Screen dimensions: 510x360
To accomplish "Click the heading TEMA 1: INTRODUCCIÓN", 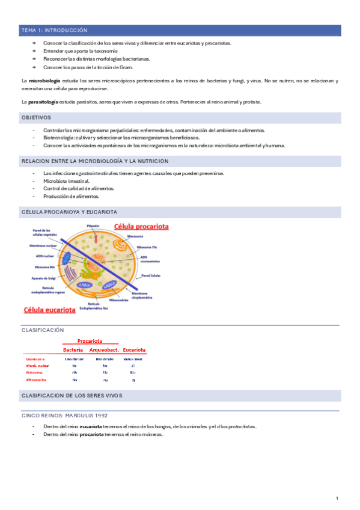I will click(x=54, y=29).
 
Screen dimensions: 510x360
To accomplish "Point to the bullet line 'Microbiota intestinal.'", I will click(x=67, y=180).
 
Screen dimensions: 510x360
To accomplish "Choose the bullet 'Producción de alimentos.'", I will click(x=71, y=196).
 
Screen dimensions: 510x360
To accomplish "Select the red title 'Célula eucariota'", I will click(x=49, y=310).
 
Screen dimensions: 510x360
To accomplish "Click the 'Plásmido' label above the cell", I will click(x=93, y=226).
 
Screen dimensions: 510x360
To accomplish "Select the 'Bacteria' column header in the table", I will click(x=73, y=350).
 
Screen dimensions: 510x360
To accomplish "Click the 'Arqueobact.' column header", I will click(x=105, y=350).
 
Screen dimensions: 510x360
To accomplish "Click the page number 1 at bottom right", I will click(x=337, y=498).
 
